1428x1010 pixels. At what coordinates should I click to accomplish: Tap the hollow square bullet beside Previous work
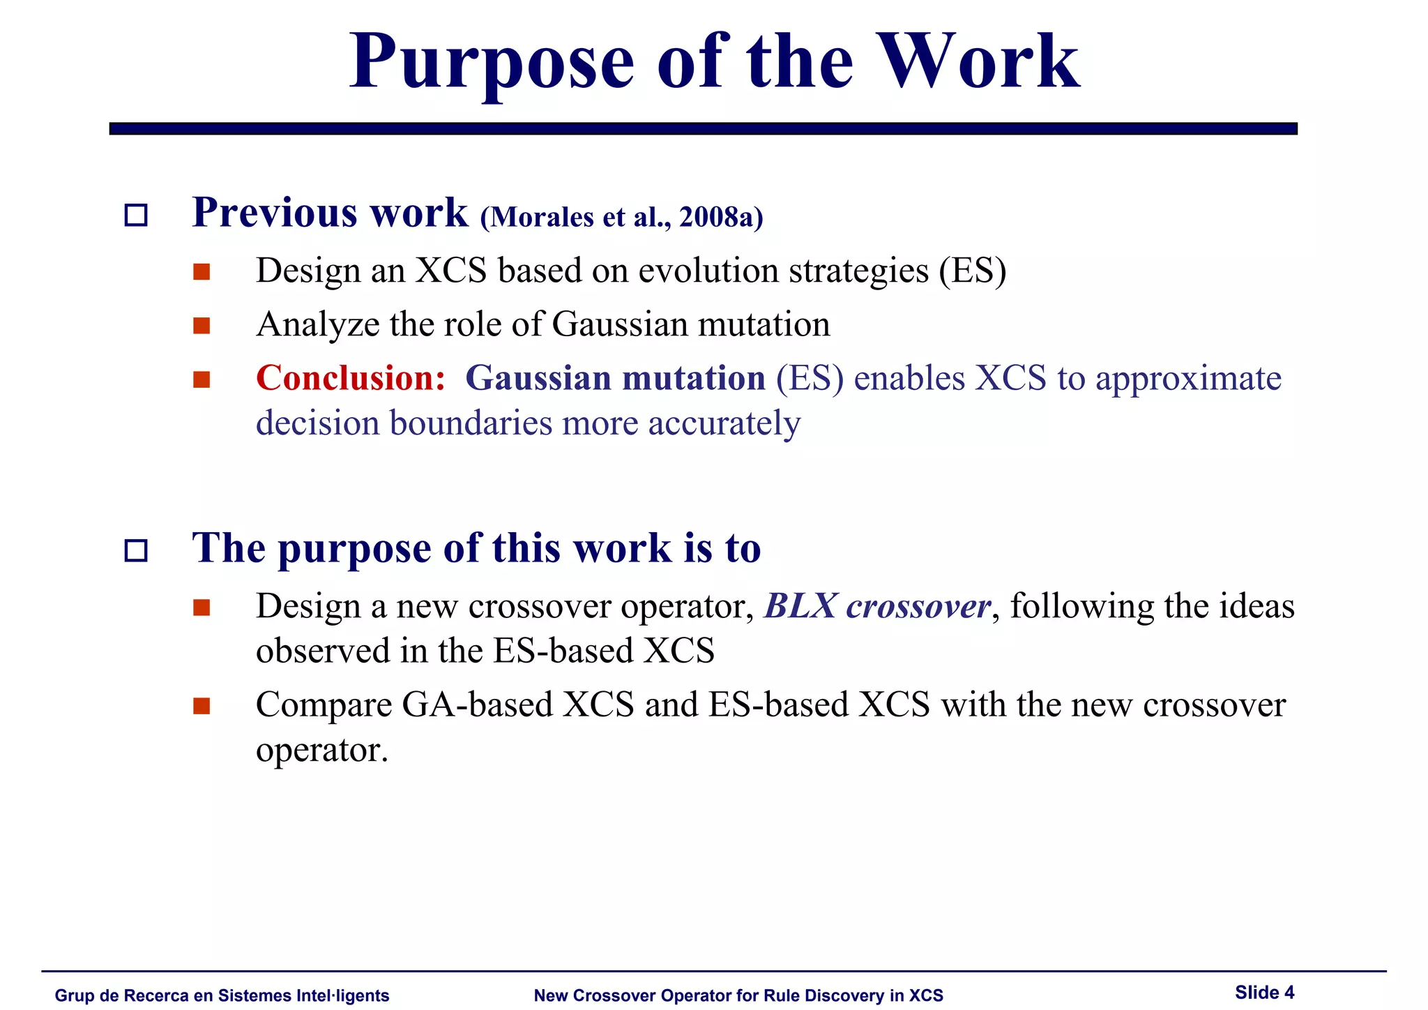pos(136,215)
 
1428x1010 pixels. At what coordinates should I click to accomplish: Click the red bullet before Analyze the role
pos(202,326)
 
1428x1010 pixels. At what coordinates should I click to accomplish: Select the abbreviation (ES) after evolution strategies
pos(972,271)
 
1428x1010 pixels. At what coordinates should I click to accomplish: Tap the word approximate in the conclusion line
pos(1188,379)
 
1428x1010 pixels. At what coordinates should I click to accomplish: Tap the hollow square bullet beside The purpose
pos(136,551)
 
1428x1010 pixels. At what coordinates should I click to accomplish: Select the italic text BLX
pos(800,605)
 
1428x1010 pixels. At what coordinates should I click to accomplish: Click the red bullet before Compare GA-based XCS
pos(202,706)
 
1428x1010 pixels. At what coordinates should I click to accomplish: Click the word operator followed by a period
pos(321,751)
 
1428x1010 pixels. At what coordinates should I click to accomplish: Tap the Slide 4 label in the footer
pos(1264,993)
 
